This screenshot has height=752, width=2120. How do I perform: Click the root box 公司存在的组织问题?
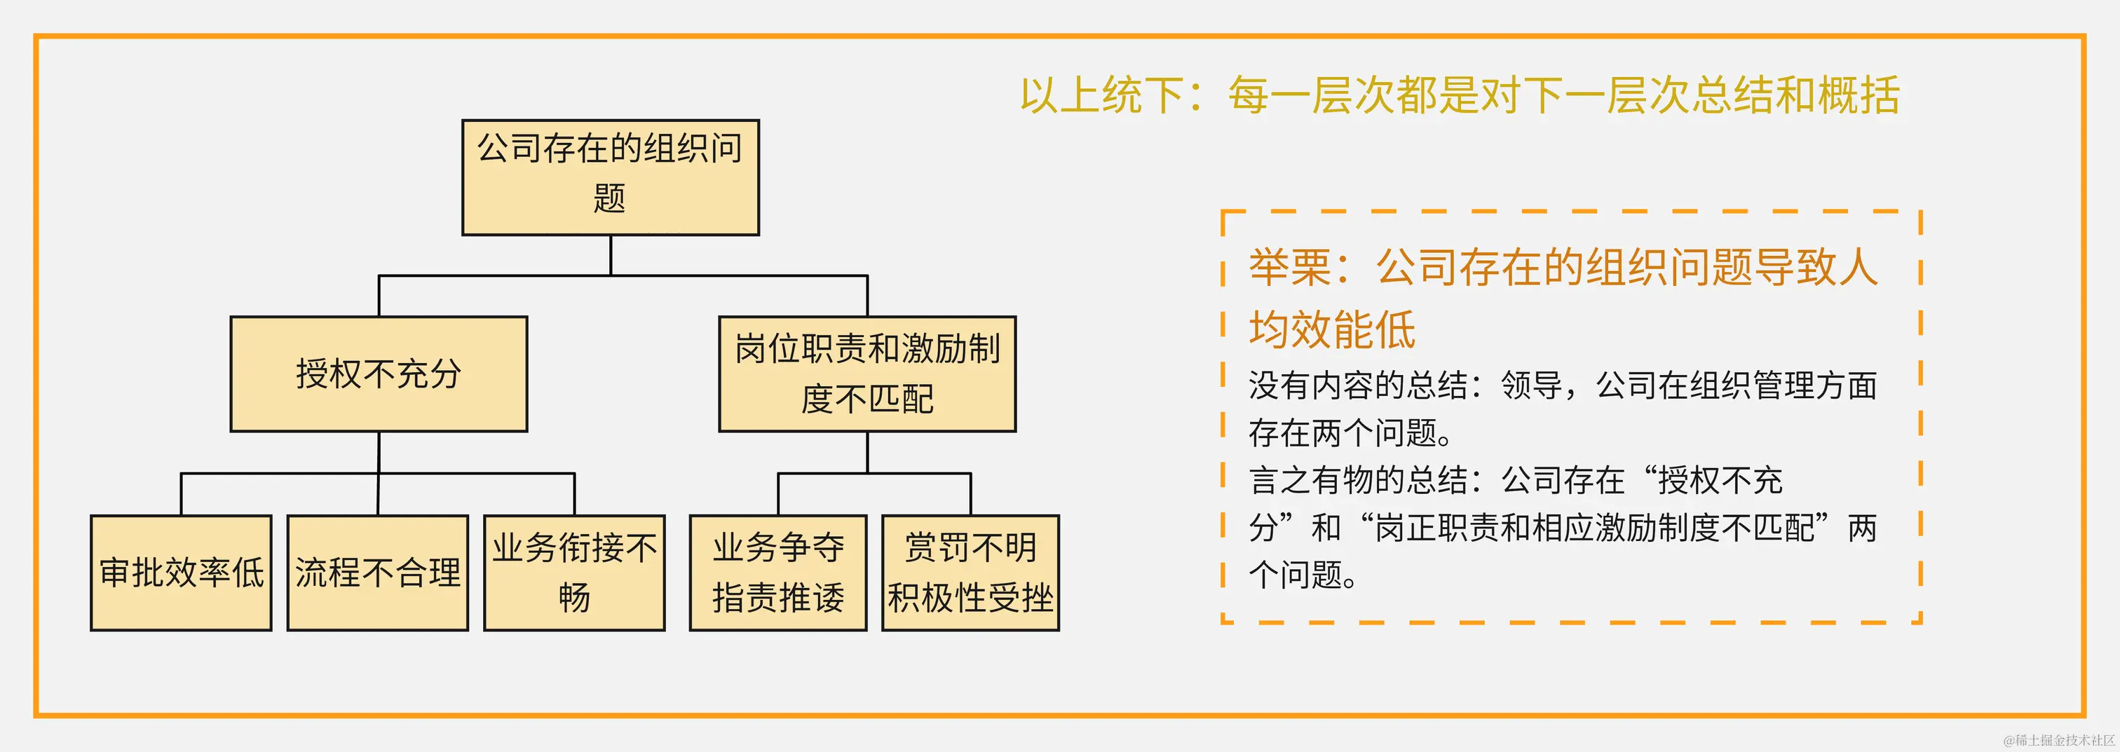pos(610,177)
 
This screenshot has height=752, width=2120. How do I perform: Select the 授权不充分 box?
pos(379,374)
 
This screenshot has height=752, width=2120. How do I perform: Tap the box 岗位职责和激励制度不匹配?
pos(867,374)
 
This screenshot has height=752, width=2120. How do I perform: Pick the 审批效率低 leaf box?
pos(181,573)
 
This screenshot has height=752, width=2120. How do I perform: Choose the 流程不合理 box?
pos(378,573)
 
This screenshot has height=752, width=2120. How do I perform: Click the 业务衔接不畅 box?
pos(574,573)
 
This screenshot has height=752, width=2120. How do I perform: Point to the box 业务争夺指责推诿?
pos(777,573)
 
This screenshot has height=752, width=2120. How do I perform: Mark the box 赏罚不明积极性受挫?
pos(970,573)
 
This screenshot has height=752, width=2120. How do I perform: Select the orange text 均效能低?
pos(1331,330)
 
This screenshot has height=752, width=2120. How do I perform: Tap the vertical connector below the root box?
pos(611,255)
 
